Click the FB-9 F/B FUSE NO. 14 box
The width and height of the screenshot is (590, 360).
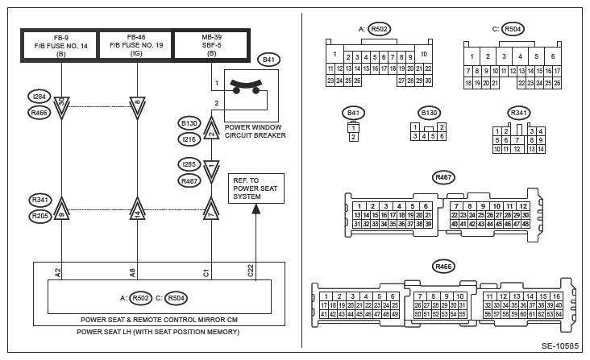coord(60,45)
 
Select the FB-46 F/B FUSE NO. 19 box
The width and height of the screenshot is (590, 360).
coord(135,45)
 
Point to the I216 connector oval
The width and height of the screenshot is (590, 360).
coord(189,139)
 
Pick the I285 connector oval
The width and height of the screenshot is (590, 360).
coord(189,164)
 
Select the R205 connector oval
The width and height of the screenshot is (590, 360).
coord(39,216)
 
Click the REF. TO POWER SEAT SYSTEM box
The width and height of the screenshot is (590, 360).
coord(254,188)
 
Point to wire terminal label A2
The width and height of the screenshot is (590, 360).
coord(59,273)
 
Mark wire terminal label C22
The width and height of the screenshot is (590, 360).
coord(251,271)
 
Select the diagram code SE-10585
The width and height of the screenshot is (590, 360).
coord(559,346)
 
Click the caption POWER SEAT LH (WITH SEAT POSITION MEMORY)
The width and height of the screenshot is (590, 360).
coord(158,331)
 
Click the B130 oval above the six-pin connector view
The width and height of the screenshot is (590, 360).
coord(429,113)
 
